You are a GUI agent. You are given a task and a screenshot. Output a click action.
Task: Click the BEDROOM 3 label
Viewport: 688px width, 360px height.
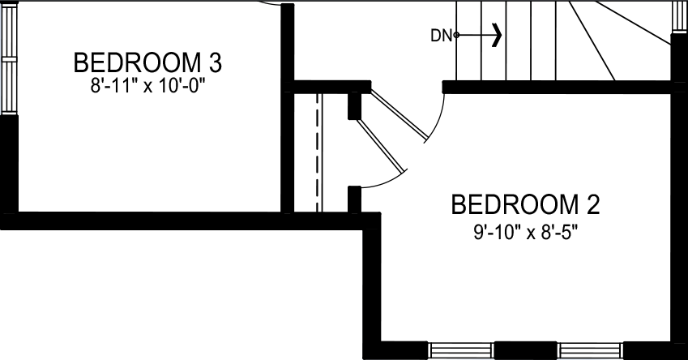147,62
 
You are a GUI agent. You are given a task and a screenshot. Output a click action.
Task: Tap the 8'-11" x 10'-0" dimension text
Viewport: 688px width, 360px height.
147,84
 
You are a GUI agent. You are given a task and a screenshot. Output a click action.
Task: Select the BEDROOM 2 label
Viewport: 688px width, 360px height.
525,205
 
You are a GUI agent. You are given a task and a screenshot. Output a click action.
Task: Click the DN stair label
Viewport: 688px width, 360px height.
440,35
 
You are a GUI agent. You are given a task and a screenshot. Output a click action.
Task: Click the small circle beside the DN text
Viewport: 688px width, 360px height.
456,35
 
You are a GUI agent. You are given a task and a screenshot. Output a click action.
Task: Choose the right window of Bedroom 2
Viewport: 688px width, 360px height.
589,349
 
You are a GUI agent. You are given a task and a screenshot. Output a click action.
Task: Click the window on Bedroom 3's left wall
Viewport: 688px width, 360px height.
9,61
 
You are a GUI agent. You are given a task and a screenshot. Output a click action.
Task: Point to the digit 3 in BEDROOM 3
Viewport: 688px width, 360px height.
216,62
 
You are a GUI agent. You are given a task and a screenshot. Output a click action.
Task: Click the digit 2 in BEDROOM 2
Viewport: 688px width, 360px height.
593,205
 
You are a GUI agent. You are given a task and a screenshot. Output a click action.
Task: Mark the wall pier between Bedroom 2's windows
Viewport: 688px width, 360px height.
525,349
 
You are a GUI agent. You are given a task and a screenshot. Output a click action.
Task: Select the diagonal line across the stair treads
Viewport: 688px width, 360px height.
591,41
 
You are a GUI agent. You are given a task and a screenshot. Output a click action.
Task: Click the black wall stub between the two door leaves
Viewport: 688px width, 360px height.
354,105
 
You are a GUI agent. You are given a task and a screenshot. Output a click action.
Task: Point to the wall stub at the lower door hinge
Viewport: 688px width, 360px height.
354,198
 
